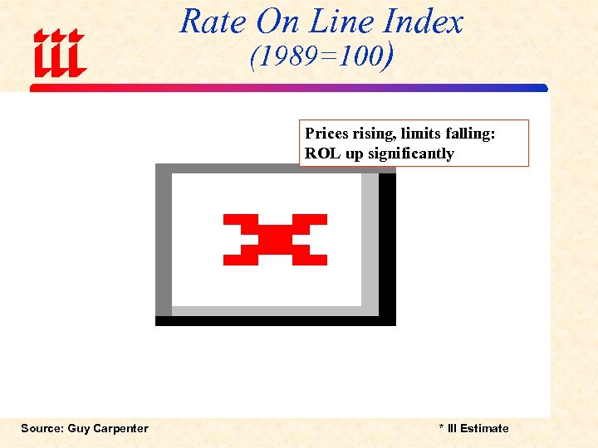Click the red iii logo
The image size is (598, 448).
(59, 53)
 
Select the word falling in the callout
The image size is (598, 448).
(468, 134)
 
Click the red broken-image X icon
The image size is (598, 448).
(275, 239)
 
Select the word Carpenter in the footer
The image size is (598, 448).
(124, 428)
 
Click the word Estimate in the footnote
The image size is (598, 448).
(484, 428)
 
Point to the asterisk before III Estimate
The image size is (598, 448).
(441, 427)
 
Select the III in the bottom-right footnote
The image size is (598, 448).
(452, 428)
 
